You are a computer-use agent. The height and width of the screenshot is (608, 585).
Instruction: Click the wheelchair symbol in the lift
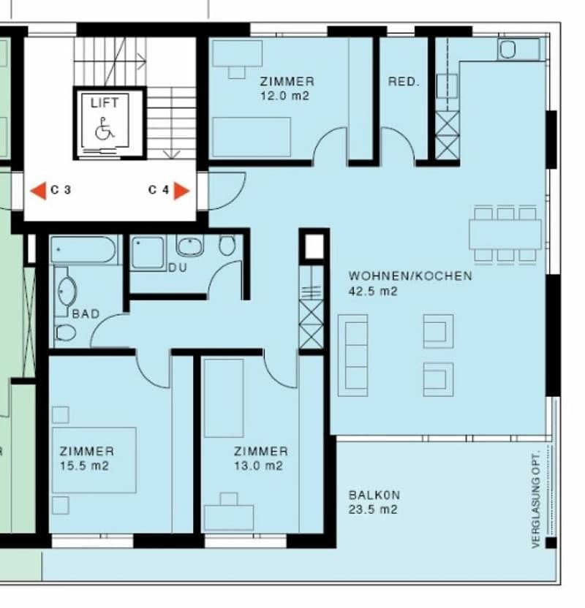click(x=105, y=129)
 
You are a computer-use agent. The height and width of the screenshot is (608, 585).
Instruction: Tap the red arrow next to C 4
click(x=181, y=191)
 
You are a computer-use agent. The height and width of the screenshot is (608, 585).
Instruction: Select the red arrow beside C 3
click(x=38, y=191)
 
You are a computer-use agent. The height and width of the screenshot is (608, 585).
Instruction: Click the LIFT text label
click(x=105, y=103)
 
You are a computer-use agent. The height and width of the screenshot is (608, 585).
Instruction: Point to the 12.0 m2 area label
click(x=284, y=96)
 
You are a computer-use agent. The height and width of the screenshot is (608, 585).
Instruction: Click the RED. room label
click(x=404, y=82)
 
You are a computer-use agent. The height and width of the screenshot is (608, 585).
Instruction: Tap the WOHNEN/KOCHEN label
click(x=410, y=276)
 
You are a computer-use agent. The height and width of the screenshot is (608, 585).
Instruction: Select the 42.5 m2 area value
click(x=373, y=291)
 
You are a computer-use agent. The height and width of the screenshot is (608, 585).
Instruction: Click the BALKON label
click(x=374, y=495)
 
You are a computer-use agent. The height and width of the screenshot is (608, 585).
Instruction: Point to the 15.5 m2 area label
click(x=84, y=465)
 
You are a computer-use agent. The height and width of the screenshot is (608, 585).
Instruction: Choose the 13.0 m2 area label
click(x=258, y=465)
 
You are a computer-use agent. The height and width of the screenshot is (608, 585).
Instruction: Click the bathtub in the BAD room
click(x=83, y=250)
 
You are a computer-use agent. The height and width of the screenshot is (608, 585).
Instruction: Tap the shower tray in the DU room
click(x=148, y=252)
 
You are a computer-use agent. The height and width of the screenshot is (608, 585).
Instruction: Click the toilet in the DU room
click(x=227, y=245)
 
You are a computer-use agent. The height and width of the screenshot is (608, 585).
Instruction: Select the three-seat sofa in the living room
click(x=352, y=355)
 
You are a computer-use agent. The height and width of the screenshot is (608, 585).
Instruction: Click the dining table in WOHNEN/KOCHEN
click(x=505, y=234)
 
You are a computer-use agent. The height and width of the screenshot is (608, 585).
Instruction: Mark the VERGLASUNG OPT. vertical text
click(x=536, y=499)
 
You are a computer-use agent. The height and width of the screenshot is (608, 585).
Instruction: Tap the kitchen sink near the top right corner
click(x=518, y=49)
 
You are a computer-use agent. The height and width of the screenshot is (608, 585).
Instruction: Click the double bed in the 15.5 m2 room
click(x=94, y=460)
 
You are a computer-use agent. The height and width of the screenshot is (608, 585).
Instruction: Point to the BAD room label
click(x=86, y=313)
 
